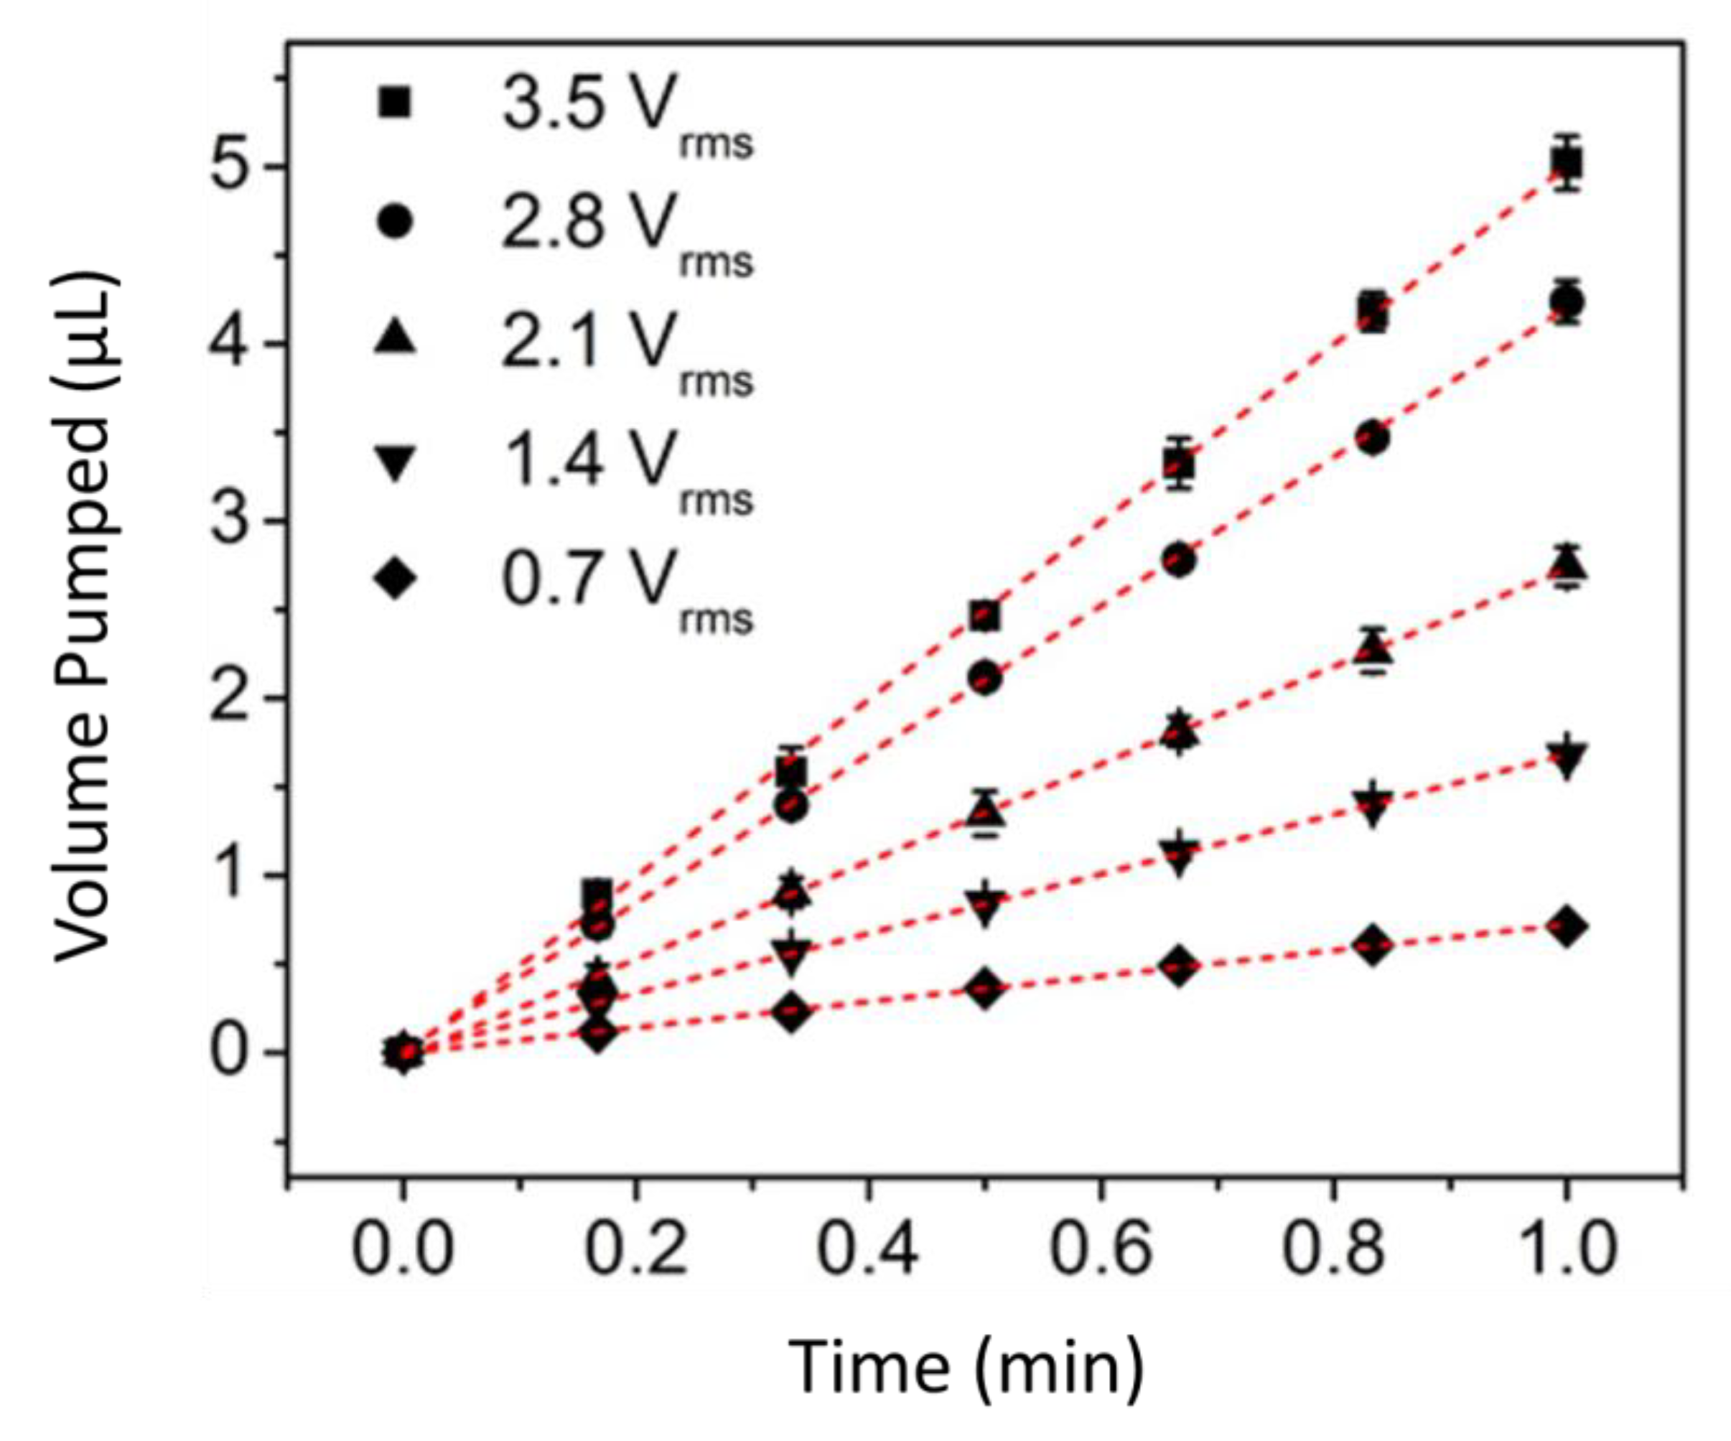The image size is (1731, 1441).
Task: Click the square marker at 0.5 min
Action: pos(985,615)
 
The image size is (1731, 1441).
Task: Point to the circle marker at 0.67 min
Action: pos(1179,561)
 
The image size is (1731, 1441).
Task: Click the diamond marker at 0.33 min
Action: pos(791,1012)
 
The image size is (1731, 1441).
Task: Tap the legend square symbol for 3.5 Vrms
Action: pos(395,104)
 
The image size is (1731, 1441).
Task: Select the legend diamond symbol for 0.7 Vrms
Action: pos(395,579)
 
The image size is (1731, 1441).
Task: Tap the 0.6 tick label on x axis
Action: pos(1100,1249)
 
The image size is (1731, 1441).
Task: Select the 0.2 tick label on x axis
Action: pos(635,1249)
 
